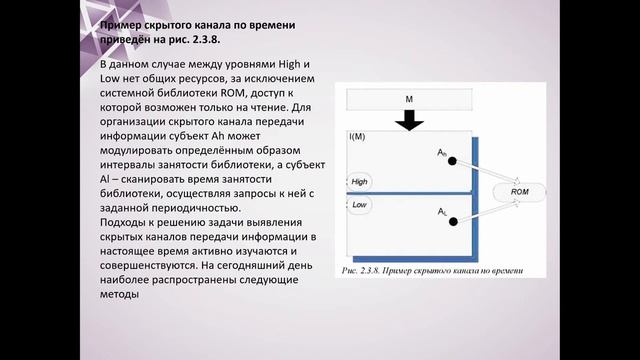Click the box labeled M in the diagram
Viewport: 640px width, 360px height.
point(409,99)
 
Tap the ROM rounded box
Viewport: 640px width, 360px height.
point(520,190)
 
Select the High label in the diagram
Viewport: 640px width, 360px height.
point(360,181)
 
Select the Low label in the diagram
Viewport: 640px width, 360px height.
point(360,204)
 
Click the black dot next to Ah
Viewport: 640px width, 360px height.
point(452,161)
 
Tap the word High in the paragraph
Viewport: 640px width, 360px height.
point(285,63)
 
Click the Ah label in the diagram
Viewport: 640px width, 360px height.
point(442,152)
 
